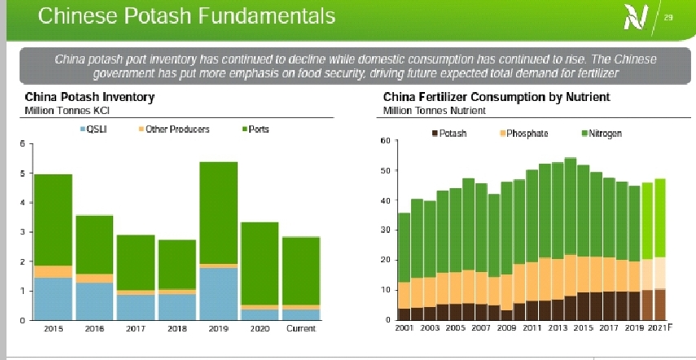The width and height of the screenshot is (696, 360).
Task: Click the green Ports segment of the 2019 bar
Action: (x=219, y=212)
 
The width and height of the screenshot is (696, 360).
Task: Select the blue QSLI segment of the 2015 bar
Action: (x=53, y=298)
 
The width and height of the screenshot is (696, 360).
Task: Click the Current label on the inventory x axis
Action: (x=302, y=329)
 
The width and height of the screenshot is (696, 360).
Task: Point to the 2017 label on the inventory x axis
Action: (x=136, y=329)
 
